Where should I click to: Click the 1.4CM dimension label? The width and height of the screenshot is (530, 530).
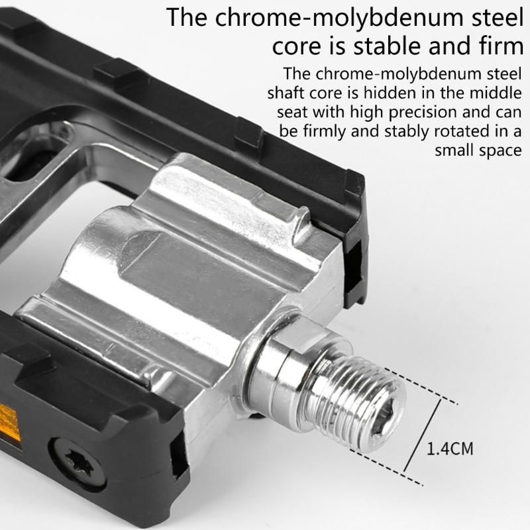coord(450,449)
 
